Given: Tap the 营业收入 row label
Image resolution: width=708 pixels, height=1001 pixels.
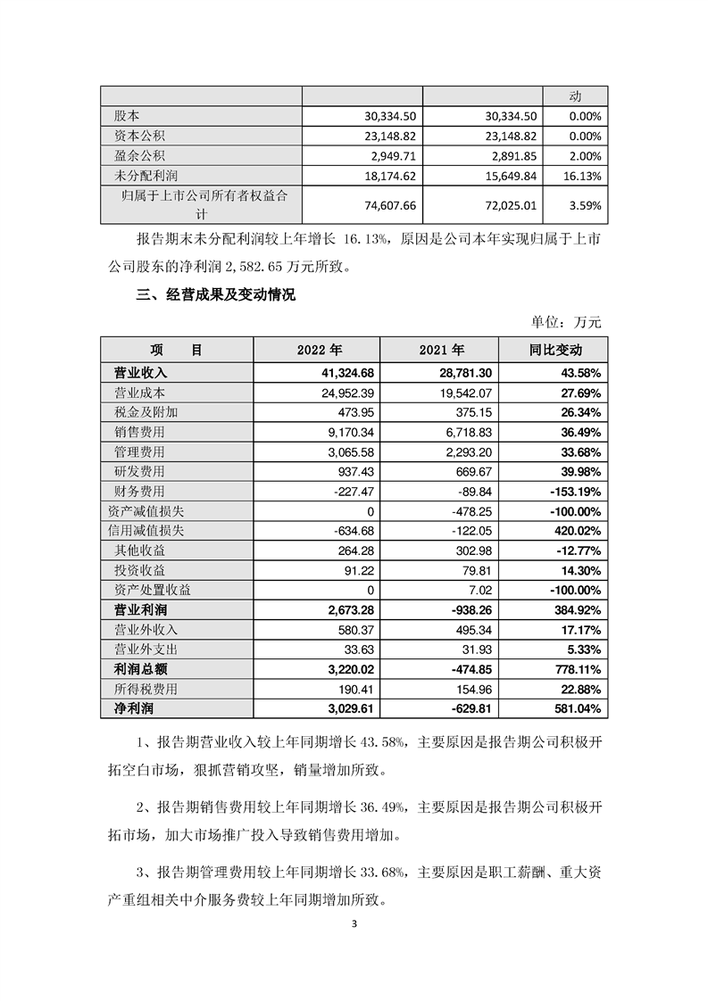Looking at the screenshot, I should point(141,372).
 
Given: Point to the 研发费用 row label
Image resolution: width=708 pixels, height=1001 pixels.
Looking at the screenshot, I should point(141,471).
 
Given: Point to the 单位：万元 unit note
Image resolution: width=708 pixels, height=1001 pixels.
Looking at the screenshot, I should point(567,321).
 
